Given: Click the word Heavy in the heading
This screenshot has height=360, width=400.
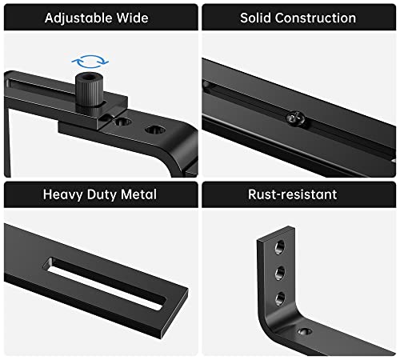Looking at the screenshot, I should (x=64, y=194).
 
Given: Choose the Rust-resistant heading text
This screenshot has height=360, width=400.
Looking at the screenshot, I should (x=298, y=194).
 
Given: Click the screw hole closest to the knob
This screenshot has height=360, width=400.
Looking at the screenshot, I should (x=122, y=122).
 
